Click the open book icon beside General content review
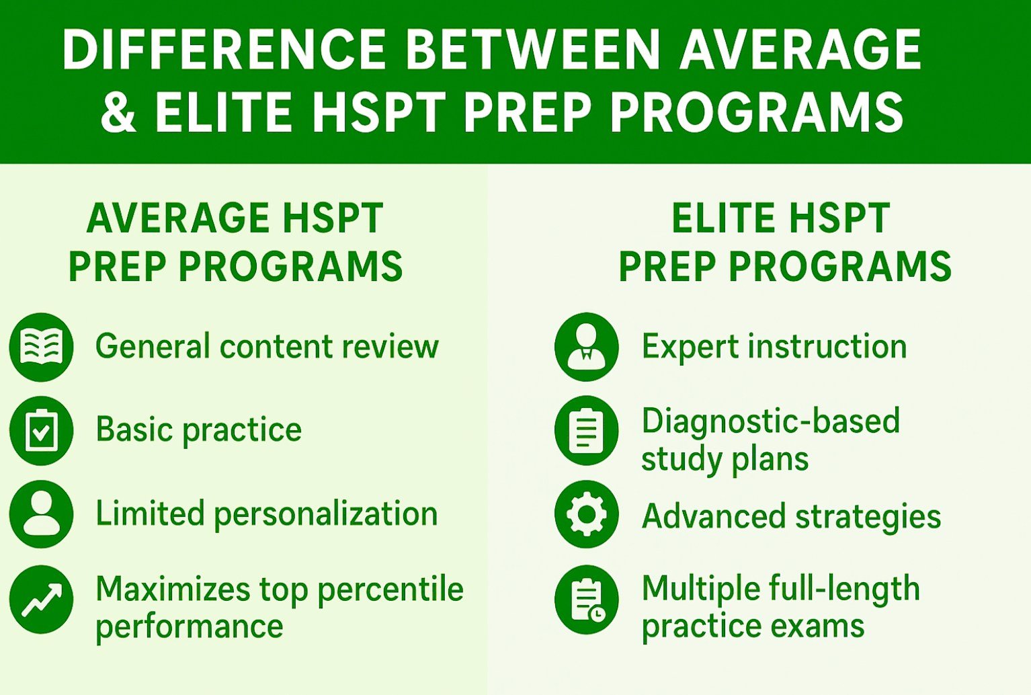[x=41, y=347]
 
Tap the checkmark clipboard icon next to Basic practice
[x=41, y=431]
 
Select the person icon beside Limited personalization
[x=41, y=514]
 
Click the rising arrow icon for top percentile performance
[x=41, y=600]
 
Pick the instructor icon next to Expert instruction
[x=586, y=347]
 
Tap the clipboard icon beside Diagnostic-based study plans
[x=586, y=431]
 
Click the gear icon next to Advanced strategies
[x=586, y=514]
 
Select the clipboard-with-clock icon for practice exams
[x=586, y=600]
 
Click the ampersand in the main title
[x=119, y=112]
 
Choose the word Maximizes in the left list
[x=172, y=589]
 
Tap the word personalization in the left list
[x=326, y=515]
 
